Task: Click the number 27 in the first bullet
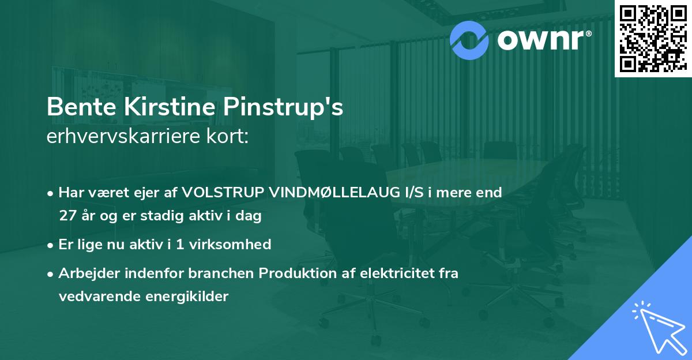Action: [x=66, y=216]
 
